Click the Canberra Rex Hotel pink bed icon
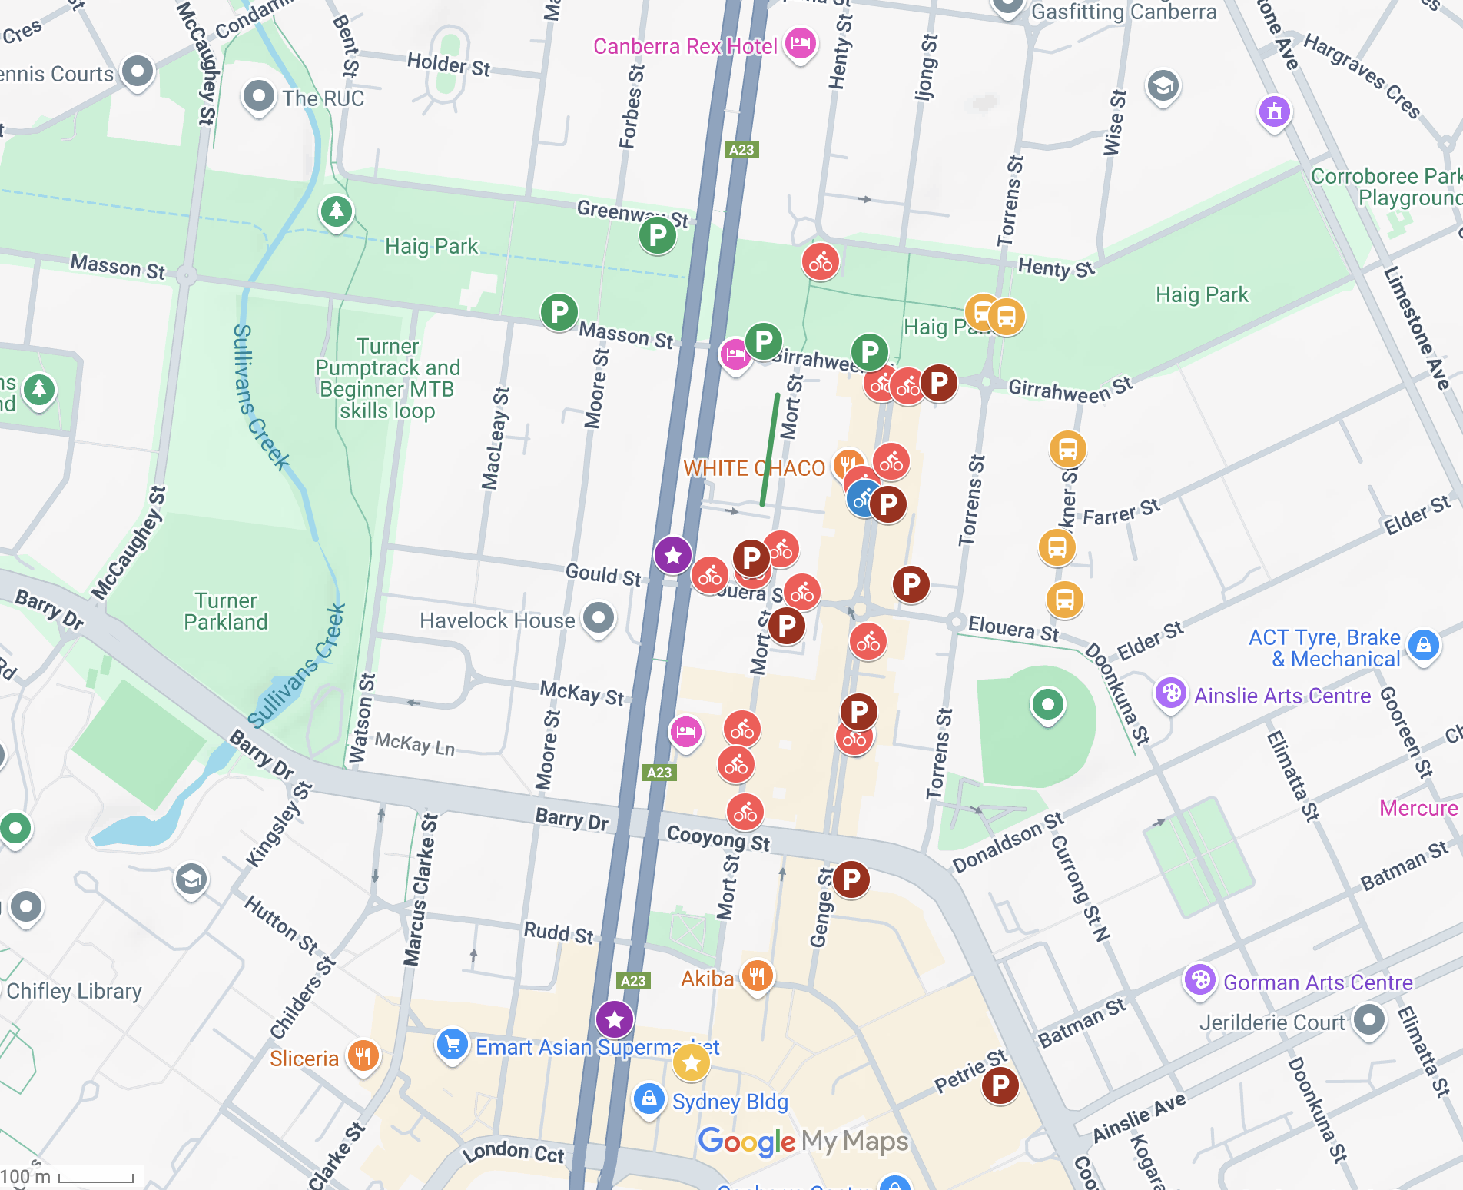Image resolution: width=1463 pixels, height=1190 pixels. tap(800, 43)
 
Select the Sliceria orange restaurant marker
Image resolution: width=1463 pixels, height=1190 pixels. tap(363, 1056)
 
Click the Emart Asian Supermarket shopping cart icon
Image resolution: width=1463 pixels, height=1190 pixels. tap(453, 1044)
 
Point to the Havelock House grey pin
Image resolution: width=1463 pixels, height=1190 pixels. tap(599, 617)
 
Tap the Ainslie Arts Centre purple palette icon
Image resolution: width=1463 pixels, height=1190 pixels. tap(1170, 693)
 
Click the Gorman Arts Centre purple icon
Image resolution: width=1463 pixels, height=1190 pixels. tap(1199, 980)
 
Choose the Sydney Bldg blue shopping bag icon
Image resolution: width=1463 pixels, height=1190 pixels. tap(649, 1098)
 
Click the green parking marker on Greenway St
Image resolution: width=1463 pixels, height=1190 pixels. tap(658, 234)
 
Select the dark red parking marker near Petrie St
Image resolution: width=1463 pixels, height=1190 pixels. tap(1000, 1085)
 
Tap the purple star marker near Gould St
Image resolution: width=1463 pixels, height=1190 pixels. tap(673, 554)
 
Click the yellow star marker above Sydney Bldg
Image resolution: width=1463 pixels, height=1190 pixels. tap(691, 1062)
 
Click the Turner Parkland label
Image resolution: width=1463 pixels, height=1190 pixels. tap(225, 611)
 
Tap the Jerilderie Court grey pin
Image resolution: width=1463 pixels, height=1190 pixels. tap(1368, 1021)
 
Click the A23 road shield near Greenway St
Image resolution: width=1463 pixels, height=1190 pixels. tap(741, 150)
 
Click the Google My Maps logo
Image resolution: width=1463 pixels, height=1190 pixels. tap(803, 1142)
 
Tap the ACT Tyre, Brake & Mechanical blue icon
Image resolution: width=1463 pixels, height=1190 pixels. tap(1423, 644)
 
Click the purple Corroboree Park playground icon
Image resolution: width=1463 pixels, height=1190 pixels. tap(1274, 111)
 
